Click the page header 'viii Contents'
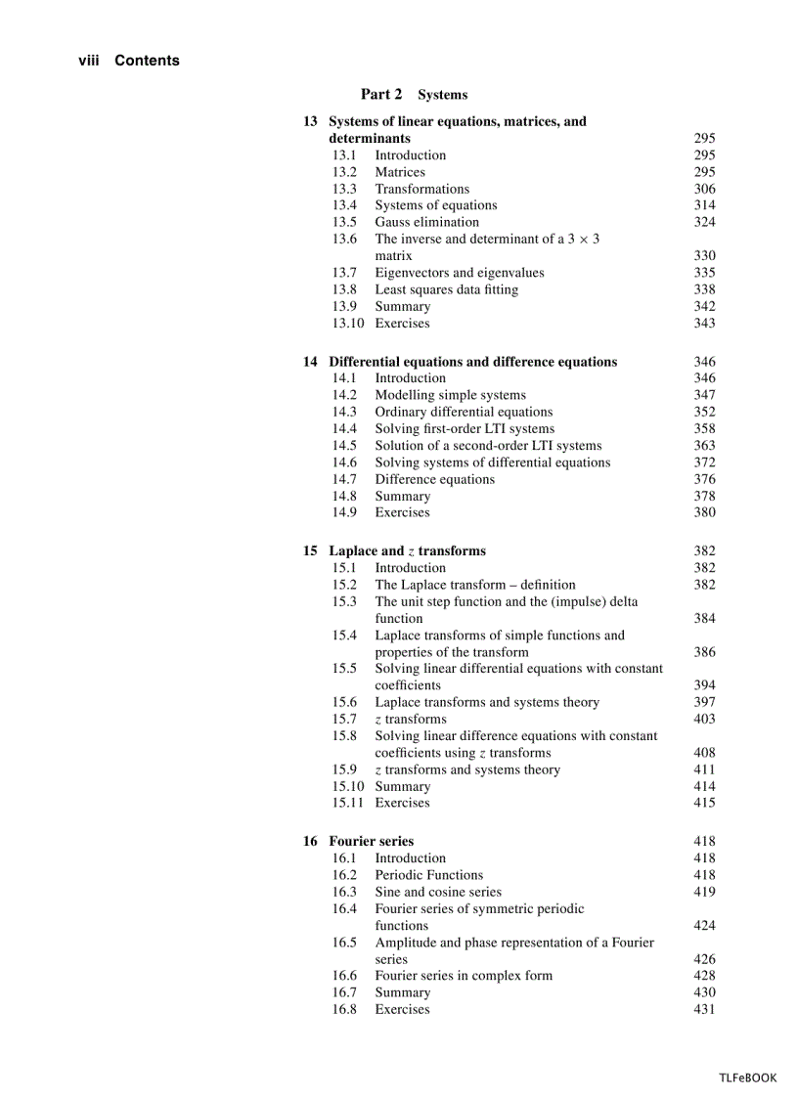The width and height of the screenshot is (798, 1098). [x=129, y=61]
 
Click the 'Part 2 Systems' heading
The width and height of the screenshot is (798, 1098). [x=414, y=95]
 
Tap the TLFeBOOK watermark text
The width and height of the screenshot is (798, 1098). [x=747, y=1077]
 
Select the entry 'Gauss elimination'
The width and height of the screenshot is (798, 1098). [x=426, y=222]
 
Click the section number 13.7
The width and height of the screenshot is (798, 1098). [x=343, y=273]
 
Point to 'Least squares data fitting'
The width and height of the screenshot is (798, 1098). [x=446, y=289]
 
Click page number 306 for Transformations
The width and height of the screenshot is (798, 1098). [x=704, y=189]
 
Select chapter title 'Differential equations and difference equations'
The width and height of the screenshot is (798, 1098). [x=472, y=362]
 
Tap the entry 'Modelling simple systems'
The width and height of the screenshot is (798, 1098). [x=450, y=395]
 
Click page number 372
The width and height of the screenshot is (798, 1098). [x=704, y=462]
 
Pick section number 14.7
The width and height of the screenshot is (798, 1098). [x=343, y=479]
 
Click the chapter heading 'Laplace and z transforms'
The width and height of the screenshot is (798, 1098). [x=407, y=550]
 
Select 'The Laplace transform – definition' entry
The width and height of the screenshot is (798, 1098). [x=474, y=585]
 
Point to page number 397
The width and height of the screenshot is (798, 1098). [x=704, y=702]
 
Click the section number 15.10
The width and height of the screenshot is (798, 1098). [x=347, y=786]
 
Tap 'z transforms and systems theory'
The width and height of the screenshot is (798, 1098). [x=467, y=769]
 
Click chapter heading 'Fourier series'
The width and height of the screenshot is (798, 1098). [x=371, y=841]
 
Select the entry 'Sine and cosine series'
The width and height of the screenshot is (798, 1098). [x=437, y=892]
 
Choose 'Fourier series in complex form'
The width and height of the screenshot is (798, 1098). [x=463, y=976]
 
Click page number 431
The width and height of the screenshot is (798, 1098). [x=704, y=1009]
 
